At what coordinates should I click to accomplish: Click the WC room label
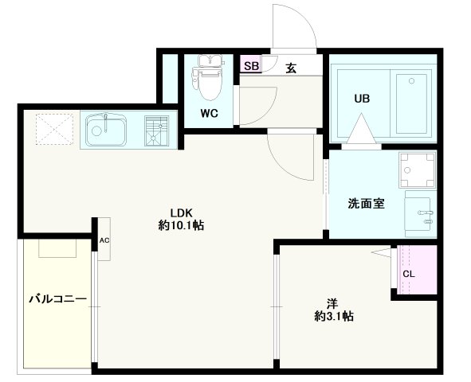(209, 113)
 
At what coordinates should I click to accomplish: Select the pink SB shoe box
(251, 66)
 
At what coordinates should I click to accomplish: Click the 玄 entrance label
(291, 67)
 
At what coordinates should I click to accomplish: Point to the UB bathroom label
(363, 99)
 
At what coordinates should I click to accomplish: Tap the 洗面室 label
(367, 203)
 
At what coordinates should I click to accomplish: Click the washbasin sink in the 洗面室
(422, 213)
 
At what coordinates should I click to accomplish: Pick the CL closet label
(408, 275)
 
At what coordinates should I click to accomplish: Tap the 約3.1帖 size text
(334, 316)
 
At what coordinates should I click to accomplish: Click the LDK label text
(182, 212)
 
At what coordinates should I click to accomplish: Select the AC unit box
(104, 239)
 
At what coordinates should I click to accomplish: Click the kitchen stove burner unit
(157, 130)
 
